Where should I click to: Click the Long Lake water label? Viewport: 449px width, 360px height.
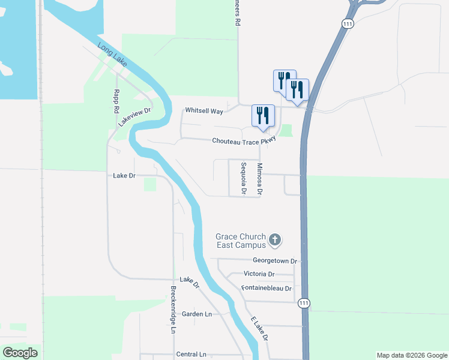pyautogui.click(x=113, y=53)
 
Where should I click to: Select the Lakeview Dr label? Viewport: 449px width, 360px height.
pyautogui.click(x=134, y=113)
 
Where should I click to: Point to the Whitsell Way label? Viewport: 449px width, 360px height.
pyautogui.click(x=204, y=111)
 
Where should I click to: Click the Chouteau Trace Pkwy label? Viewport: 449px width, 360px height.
pyautogui.click(x=244, y=142)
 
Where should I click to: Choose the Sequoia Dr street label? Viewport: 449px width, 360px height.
pyautogui.click(x=244, y=178)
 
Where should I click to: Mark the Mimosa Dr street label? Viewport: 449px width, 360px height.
pyautogui.click(x=260, y=178)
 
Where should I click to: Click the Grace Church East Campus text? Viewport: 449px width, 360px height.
pyautogui.click(x=241, y=241)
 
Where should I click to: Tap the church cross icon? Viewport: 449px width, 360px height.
pyautogui.click(x=275, y=241)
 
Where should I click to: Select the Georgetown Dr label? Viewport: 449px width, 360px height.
pyautogui.click(x=275, y=261)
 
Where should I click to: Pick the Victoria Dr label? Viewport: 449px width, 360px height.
pyautogui.click(x=259, y=274)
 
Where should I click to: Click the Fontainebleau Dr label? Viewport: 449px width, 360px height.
pyautogui.click(x=266, y=288)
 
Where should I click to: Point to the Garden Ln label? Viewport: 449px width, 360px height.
pyautogui.click(x=197, y=314)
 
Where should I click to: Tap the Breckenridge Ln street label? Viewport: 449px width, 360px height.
pyautogui.click(x=172, y=309)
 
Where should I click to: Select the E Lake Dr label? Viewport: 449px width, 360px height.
pyautogui.click(x=259, y=328)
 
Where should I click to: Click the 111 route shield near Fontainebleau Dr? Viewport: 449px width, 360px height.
pyautogui.click(x=305, y=303)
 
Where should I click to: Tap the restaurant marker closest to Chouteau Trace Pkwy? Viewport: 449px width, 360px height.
pyautogui.click(x=263, y=116)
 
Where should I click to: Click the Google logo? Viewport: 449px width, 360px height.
pyautogui.click(x=20, y=353)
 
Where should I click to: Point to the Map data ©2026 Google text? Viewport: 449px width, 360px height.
pyautogui.click(x=412, y=355)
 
